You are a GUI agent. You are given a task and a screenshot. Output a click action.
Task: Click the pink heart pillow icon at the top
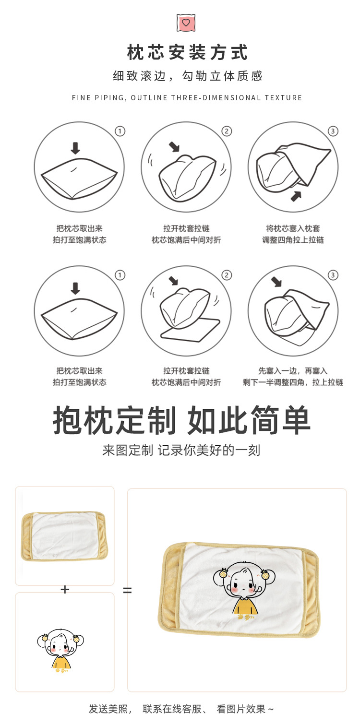(x=186, y=23)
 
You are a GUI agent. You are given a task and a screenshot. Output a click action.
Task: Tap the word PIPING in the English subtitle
(x=110, y=98)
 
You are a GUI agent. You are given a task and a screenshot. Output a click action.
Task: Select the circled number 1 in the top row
(x=120, y=131)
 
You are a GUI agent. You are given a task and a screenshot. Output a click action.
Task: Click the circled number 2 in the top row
(x=227, y=131)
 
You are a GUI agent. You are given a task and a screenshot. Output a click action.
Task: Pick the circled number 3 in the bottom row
(x=333, y=275)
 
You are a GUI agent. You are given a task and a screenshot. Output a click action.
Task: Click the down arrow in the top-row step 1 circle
(x=75, y=148)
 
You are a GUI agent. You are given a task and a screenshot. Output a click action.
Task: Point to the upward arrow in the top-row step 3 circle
(x=297, y=195)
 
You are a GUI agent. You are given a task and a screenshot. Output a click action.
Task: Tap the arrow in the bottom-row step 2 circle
(x=173, y=281)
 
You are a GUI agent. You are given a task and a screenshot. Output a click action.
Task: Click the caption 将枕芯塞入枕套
(x=293, y=228)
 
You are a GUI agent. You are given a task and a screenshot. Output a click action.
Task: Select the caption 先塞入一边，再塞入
(x=293, y=371)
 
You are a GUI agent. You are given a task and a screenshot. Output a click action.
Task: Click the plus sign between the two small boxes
(x=65, y=589)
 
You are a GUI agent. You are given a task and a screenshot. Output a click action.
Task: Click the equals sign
(x=127, y=590)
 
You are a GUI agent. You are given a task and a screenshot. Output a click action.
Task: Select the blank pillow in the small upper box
(x=65, y=536)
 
